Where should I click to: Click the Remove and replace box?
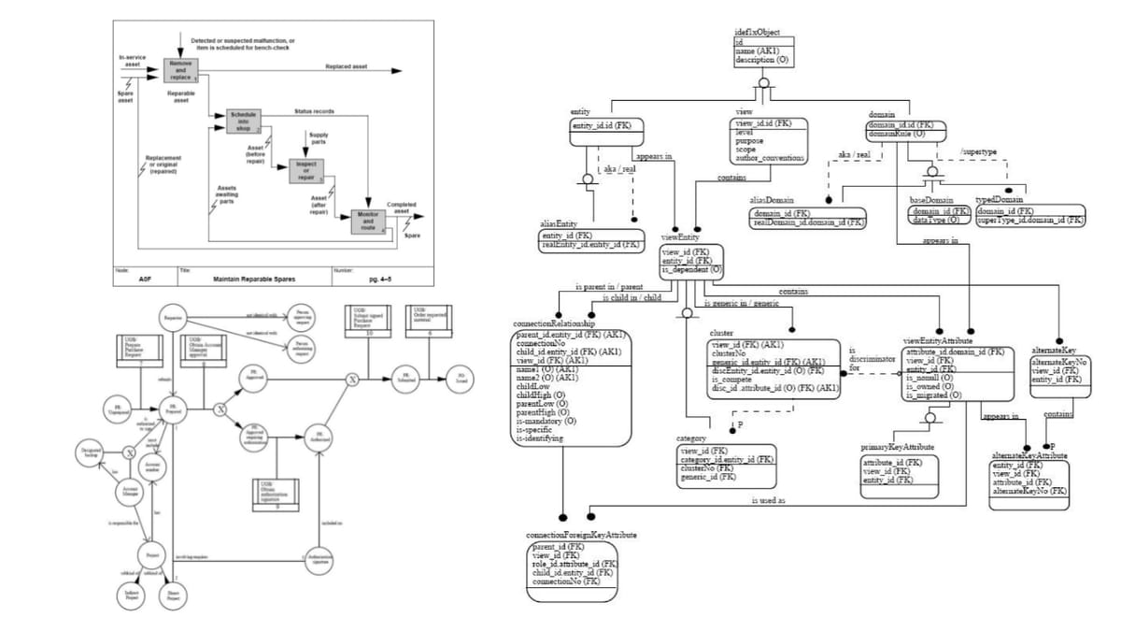180,69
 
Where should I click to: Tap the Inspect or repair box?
305,171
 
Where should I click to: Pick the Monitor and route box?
366,222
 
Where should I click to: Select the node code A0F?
145,279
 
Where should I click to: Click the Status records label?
313,111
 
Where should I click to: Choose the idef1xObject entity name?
759,33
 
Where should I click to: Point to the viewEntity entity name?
679,237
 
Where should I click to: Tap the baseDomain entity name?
930,199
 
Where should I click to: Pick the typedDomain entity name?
999,199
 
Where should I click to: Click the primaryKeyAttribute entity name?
896,448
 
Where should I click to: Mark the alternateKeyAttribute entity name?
1029,454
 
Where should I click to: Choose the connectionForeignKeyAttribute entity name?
581,535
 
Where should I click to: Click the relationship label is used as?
768,500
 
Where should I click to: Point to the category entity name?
692,437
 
